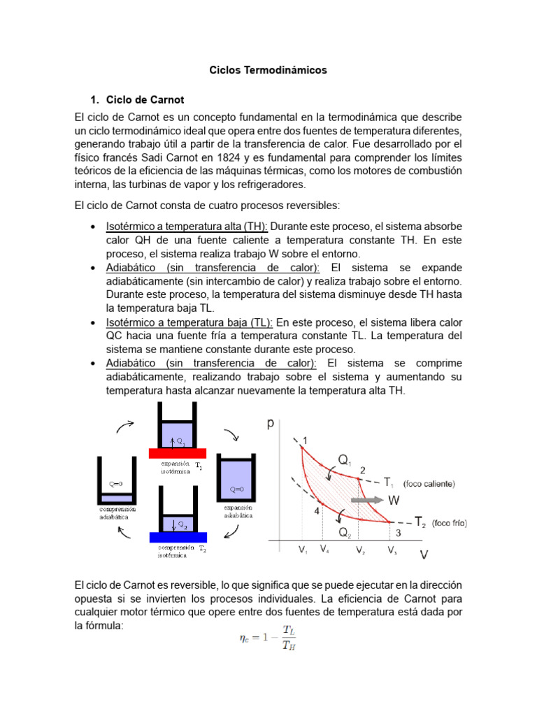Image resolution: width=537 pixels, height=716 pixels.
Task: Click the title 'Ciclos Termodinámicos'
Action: (268, 71)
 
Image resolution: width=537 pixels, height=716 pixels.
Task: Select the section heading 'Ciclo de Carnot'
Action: (145, 100)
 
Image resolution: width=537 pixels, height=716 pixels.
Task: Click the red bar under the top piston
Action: (177, 453)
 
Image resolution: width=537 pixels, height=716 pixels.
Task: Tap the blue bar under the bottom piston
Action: (177, 537)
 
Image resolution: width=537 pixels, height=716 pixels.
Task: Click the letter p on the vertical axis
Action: (271, 424)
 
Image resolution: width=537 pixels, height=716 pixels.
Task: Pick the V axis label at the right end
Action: (424, 554)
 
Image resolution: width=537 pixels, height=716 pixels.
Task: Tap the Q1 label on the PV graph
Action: (345, 459)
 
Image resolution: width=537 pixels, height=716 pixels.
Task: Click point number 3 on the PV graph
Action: (398, 534)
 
